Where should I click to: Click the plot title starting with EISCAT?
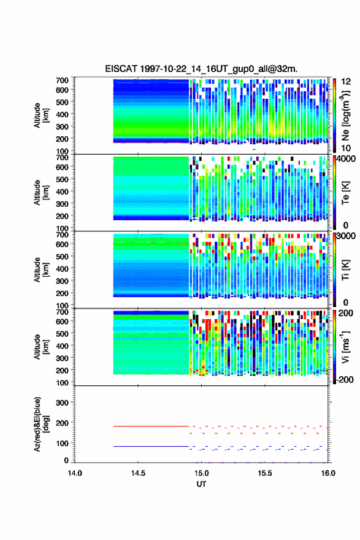pos(201,69)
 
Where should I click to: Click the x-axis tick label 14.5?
pos(138,473)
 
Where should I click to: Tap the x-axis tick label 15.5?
pos(265,473)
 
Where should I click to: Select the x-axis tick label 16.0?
pos(328,473)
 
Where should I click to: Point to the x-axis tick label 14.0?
pos(75,473)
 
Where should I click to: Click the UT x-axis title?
pos(201,484)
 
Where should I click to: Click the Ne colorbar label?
pos(345,115)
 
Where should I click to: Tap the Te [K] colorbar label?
pos(345,193)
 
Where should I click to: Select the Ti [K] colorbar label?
pos(345,270)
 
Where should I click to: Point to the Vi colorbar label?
pos(345,347)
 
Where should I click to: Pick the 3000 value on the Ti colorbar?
pos(345,236)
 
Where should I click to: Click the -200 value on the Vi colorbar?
pos(344,379)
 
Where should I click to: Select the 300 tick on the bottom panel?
pos(63,403)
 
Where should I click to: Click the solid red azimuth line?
pos(151,426)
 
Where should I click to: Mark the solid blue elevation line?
pos(151,446)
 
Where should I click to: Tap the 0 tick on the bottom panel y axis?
pos(66,460)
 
